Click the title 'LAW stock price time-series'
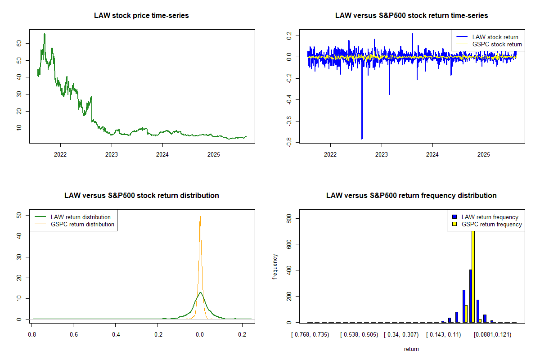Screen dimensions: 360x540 pos(141,15)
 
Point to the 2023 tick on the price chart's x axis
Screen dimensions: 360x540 pos(111,153)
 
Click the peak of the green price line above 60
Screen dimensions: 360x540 pos(44,34)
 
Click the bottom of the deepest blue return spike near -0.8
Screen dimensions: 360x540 pos(361,139)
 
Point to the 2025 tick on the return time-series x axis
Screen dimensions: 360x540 pos(483,153)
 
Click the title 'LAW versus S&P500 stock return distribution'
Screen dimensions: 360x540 pos(141,195)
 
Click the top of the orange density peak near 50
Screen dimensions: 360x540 pos(200,216)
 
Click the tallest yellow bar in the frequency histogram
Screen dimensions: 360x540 pos(473,274)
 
